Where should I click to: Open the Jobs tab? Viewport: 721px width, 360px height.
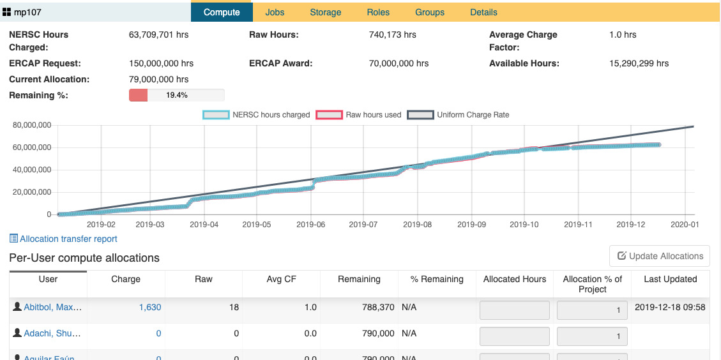pos(275,12)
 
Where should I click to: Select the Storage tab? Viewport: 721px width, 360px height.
pos(325,12)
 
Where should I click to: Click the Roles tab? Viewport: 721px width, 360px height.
pos(378,12)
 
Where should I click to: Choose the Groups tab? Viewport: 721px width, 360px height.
pos(430,12)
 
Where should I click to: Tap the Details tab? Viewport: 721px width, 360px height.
pos(483,12)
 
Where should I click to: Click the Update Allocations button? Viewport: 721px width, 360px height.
pos(660,256)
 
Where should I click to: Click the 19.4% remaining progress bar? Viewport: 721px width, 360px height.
pos(176,95)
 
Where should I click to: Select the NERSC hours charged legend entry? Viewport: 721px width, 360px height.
pos(256,115)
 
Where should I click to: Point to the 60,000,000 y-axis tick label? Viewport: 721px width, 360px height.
pos(31,147)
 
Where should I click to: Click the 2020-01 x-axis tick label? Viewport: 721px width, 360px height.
pos(685,225)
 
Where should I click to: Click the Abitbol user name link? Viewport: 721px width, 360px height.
pos(52,308)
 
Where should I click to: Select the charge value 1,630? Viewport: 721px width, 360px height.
pos(150,308)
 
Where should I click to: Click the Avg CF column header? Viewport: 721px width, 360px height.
pos(281,279)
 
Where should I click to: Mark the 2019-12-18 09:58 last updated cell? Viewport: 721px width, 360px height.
pos(670,308)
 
